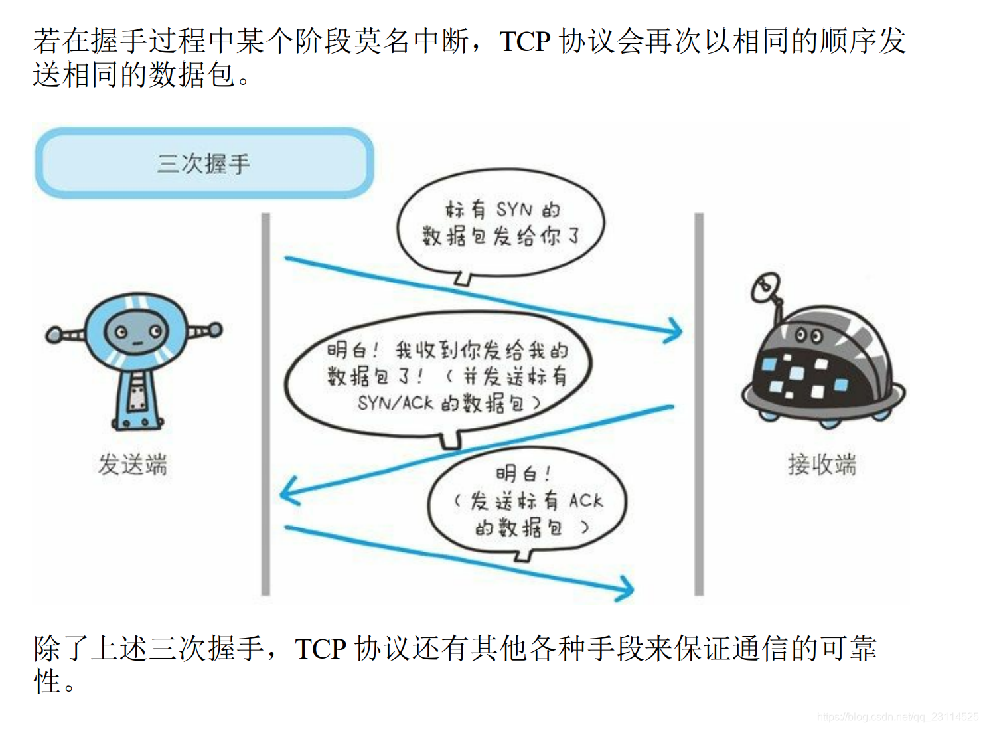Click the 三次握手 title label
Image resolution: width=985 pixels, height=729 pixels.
(x=204, y=163)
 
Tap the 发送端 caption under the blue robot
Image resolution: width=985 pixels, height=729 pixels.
(x=133, y=464)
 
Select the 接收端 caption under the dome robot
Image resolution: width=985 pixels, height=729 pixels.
(x=822, y=464)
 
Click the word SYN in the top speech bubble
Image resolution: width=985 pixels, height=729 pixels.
(x=514, y=210)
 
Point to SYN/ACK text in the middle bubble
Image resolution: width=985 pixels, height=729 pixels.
(x=396, y=403)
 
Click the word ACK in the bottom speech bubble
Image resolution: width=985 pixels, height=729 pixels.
(x=586, y=501)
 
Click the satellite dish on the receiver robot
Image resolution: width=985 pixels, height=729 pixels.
(x=765, y=287)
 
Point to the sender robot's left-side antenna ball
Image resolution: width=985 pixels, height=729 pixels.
(x=53, y=335)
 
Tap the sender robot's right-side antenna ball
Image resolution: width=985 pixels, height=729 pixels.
(x=215, y=329)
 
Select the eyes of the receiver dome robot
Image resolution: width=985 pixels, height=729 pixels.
(x=808, y=336)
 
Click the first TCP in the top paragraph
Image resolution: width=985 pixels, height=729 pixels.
(x=524, y=41)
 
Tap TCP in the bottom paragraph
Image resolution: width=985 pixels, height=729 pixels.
(x=321, y=649)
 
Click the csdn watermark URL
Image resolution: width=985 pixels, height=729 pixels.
(x=897, y=717)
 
